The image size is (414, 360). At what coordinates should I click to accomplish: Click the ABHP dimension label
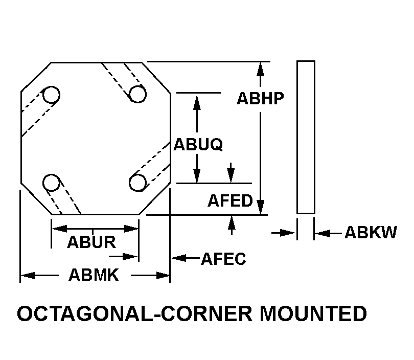pyautogui.click(x=260, y=98)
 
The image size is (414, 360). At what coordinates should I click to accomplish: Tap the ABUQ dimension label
pyautogui.click(x=198, y=145)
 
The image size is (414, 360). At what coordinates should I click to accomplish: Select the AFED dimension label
pyautogui.click(x=230, y=200)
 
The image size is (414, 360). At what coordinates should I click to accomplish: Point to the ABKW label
pyautogui.click(x=370, y=233)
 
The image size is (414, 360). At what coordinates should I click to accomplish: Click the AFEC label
pyautogui.click(x=223, y=259)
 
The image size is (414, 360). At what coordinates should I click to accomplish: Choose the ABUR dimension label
pyautogui.click(x=91, y=242)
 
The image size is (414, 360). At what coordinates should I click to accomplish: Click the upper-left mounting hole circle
pyautogui.click(x=51, y=95)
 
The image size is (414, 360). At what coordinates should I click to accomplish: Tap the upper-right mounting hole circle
pyautogui.click(x=137, y=94)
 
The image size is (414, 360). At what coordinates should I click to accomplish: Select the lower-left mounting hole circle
pyautogui.click(x=51, y=182)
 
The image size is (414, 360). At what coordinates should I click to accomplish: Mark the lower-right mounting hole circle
pyautogui.click(x=138, y=182)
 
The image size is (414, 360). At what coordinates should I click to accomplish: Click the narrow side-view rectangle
pyautogui.click(x=306, y=137)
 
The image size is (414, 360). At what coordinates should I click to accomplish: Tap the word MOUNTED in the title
pyautogui.click(x=312, y=314)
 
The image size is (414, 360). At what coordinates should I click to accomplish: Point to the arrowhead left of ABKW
pyautogui.click(x=321, y=234)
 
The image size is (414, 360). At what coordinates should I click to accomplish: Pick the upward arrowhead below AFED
pyautogui.click(x=232, y=221)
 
